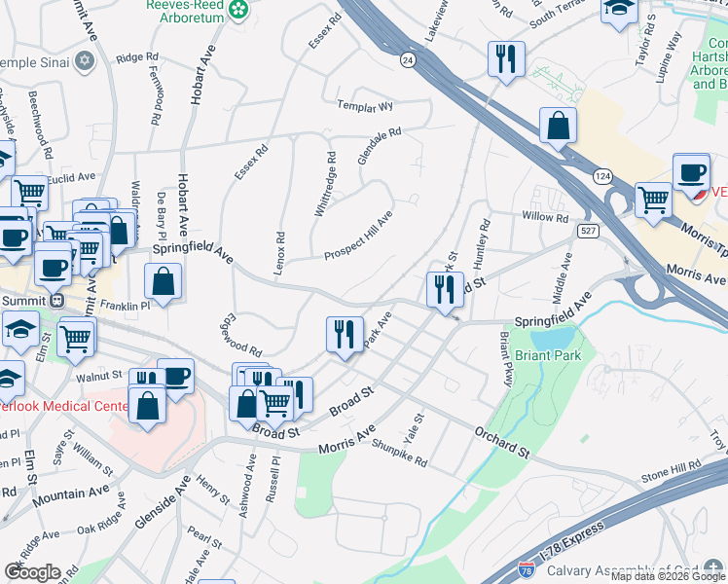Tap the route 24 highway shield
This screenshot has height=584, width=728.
pyautogui.click(x=406, y=59)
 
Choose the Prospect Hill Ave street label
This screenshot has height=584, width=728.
pyautogui.click(x=358, y=236)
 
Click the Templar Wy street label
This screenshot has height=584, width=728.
pyautogui.click(x=364, y=105)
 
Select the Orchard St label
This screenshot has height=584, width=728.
pyautogui.click(x=501, y=442)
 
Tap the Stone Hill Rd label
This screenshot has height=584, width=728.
pyautogui.click(x=672, y=473)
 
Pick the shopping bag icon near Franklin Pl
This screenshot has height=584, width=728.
pyautogui.click(x=164, y=282)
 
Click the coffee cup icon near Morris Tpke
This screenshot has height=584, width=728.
pyautogui.click(x=691, y=172)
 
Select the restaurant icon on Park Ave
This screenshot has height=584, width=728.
pyautogui.click(x=345, y=335)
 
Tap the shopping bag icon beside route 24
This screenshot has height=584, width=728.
pyautogui.click(x=559, y=126)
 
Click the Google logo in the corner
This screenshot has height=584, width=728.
pyautogui.click(x=32, y=572)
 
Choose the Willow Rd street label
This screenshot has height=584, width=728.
pyautogui.click(x=544, y=217)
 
